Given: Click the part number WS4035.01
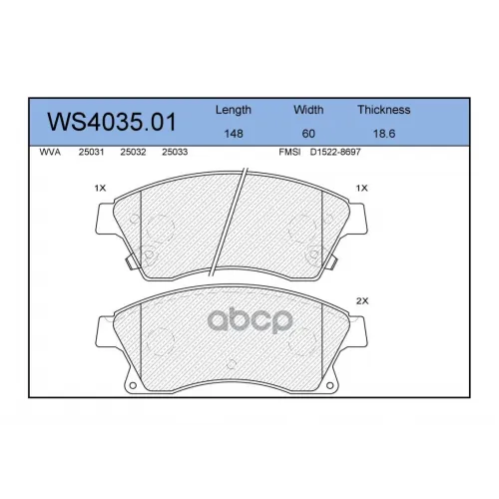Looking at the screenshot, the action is tap(112, 122).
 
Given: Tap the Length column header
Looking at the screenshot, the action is tap(234, 110).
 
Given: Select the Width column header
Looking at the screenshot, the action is tap(308, 110).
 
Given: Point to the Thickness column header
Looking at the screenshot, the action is tap(384, 110).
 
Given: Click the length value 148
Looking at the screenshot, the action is tap(234, 134).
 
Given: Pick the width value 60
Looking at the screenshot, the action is tap(308, 134).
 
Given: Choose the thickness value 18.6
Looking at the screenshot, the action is tap(384, 134).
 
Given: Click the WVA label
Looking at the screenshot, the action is tap(50, 152).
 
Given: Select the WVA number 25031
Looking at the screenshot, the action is tap(91, 152).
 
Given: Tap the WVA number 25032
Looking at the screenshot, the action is tap(133, 152).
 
